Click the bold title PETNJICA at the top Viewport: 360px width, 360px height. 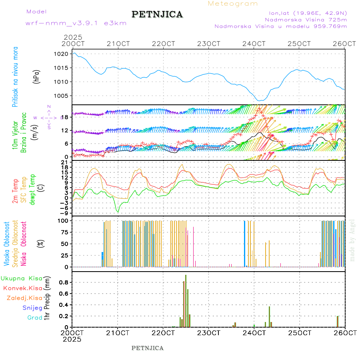pyautogui.click(x=157, y=14)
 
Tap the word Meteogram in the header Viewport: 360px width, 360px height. pyautogui.click(x=233, y=4)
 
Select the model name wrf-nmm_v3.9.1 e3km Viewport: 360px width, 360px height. pyautogui.click(x=76, y=23)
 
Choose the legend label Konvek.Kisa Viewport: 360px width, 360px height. pyautogui.click(x=23, y=288)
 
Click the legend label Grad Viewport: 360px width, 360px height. pyautogui.click(x=34, y=318)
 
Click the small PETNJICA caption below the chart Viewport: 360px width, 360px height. pyautogui.click(x=148, y=348)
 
